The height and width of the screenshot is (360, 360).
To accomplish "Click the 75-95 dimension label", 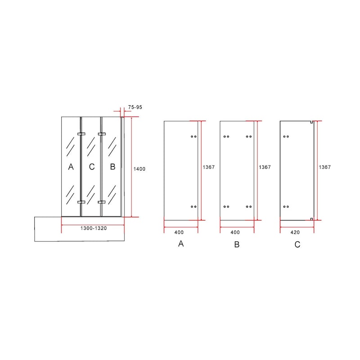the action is pyautogui.click(x=135, y=107).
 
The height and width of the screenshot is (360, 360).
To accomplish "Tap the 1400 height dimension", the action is pyautogui.click(x=139, y=169).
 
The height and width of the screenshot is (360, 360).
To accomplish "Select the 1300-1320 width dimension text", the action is pyautogui.click(x=94, y=228).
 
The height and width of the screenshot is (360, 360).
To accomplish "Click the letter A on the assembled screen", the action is pyautogui.click(x=71, y=166).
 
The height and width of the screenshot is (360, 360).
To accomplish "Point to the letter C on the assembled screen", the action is pyautogui.click(x=92, y=166).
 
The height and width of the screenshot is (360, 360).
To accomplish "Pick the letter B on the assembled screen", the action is pyautogui.click(x=112, y=166).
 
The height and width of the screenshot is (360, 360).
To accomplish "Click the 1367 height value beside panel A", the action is pyautogui.click(x=208, y=167).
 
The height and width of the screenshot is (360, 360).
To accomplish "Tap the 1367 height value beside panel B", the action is pyautogui.click(x=265, y=167).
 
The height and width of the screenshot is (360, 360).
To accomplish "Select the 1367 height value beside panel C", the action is pyautogui.click(x=324, y=167).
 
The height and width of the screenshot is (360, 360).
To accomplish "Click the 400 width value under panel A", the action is pyautogui.click(x=179, y=232).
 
